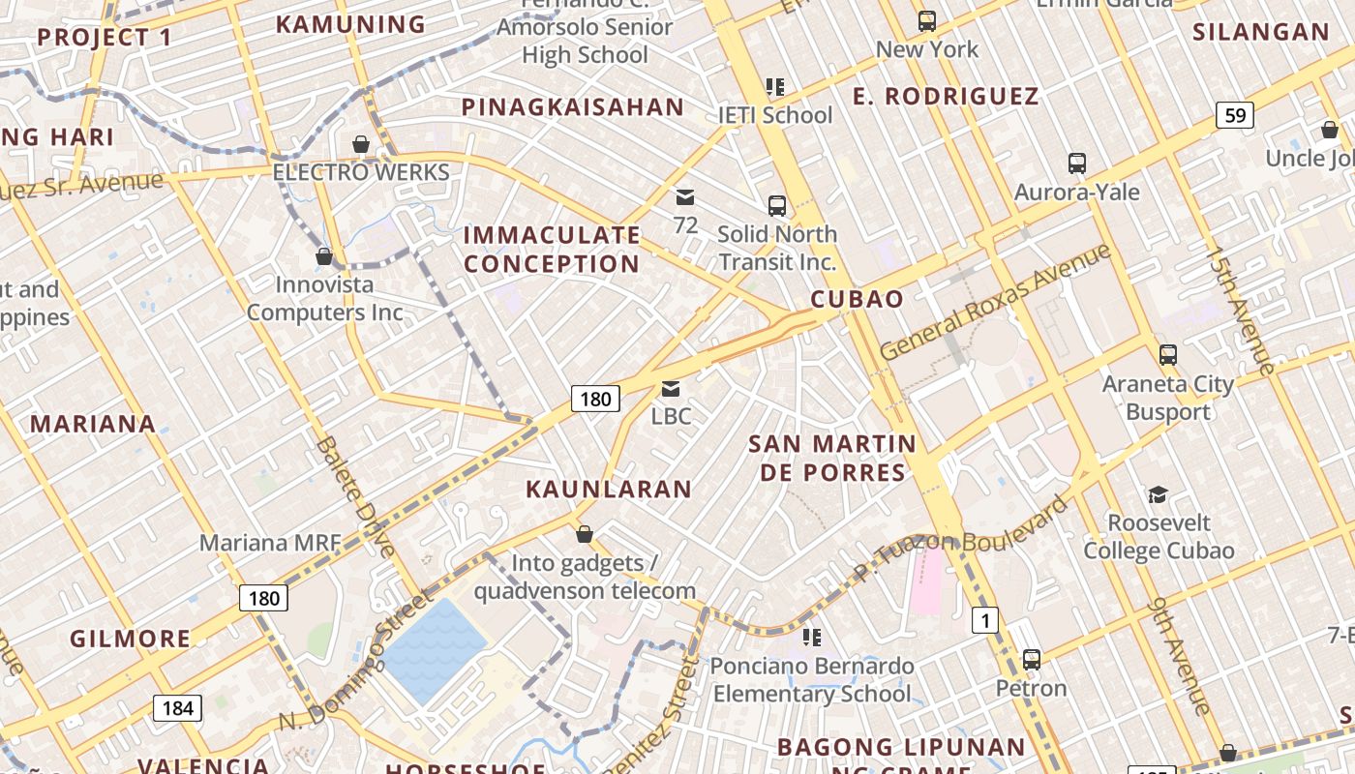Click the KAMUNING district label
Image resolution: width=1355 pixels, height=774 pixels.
click(350, 24)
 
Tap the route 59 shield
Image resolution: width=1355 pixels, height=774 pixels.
click(1235, 116)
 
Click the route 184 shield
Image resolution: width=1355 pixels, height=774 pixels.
click(178, 708)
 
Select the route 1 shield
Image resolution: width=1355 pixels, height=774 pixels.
click(984, 620)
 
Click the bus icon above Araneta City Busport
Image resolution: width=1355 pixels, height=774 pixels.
click(1168, 355)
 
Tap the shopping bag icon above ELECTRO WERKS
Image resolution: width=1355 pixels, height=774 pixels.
click(361, 144)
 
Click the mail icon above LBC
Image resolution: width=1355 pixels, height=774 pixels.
click(670, 389)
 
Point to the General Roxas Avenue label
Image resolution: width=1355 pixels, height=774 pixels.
click(995, 303)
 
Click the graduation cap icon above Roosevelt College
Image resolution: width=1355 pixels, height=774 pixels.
click(1158, 495)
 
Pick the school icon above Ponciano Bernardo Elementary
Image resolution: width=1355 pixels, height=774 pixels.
click(812, 638)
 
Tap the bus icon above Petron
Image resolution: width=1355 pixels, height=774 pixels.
click(1032, 660)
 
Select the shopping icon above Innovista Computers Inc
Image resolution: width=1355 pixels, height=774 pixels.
click(324, 256)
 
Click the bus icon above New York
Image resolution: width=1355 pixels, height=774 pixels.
click(927, 20)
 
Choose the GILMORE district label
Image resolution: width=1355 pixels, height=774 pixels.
click(131, 639)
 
